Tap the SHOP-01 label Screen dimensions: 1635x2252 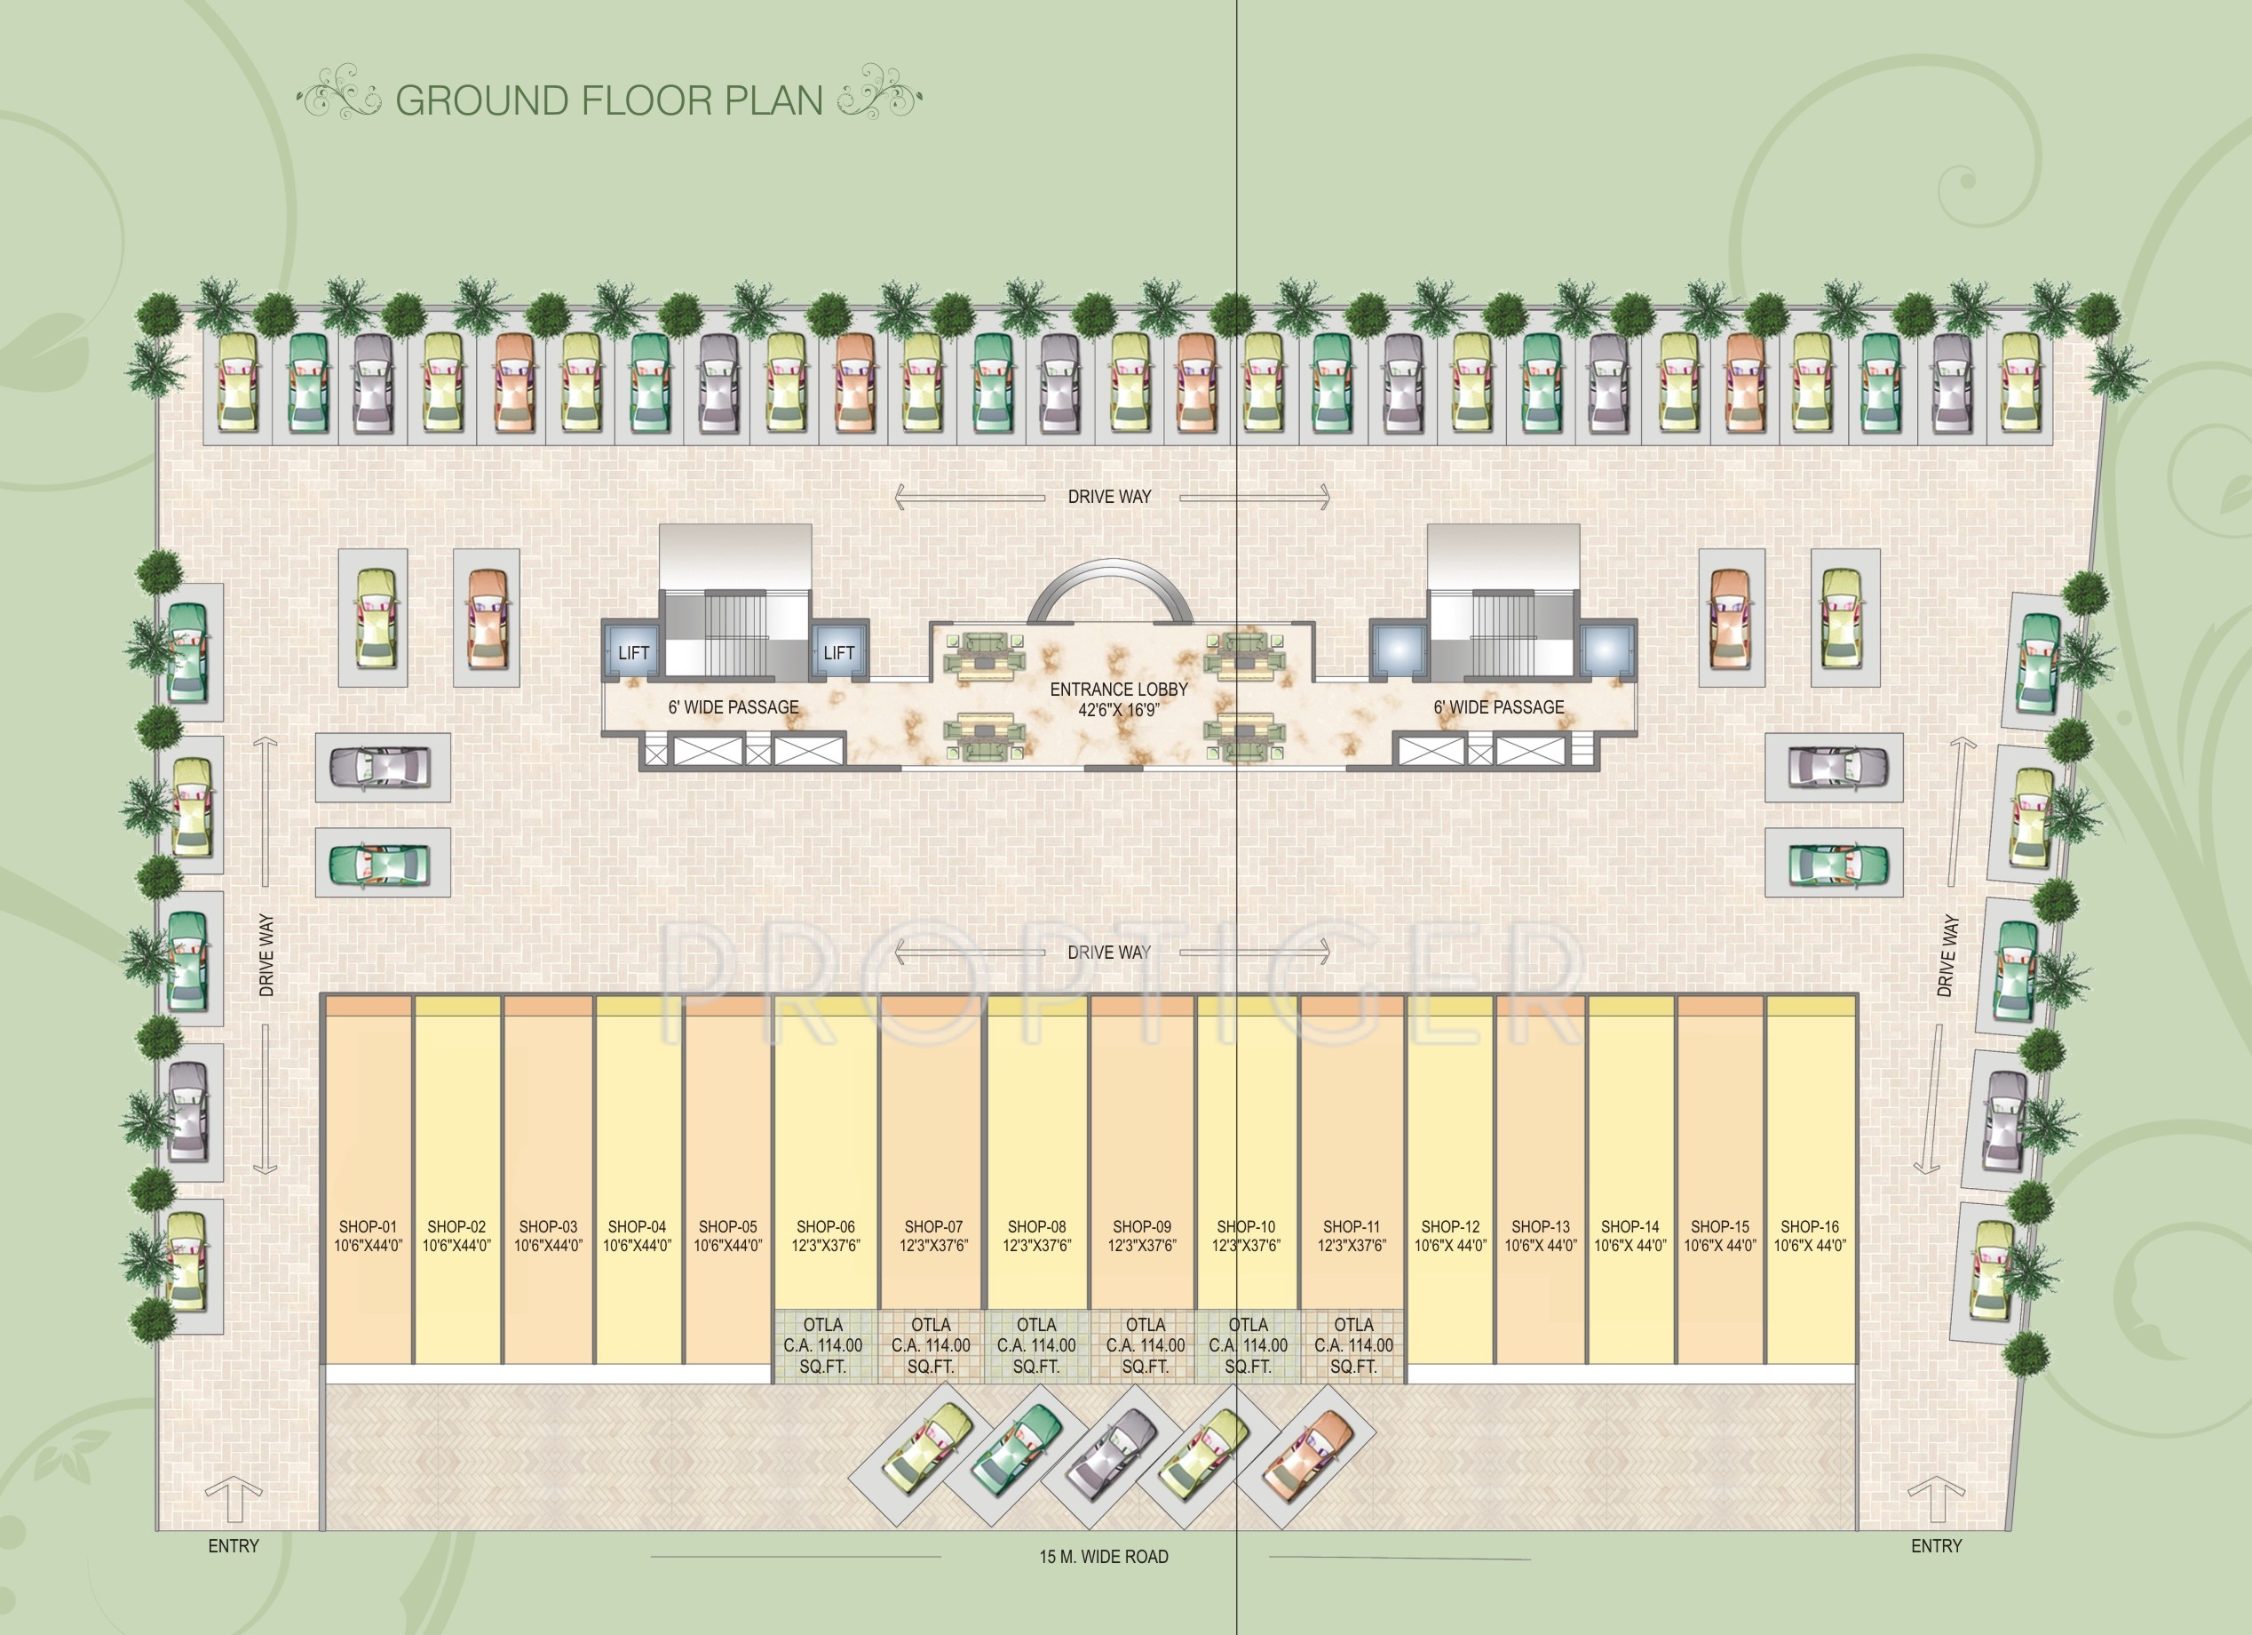(368, 1236)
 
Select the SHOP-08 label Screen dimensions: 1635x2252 (1036, 1236)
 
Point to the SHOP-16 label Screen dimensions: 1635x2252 (1809, 1236)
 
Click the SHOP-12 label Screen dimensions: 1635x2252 (1450, 1236)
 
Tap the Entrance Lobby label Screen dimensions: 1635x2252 (1118, 698)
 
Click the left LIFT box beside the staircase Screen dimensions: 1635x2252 (632, 652)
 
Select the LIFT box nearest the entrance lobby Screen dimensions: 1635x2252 (838, 652)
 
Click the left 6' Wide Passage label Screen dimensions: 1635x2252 (733, 707)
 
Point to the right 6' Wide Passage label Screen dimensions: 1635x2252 (1498, 707)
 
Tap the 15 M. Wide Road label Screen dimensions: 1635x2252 (1103, 1557)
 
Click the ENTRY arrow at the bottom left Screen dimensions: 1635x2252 (234, 1499)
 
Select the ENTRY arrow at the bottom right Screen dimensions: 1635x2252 (1935, 1499)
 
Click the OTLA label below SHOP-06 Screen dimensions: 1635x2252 (822, 1345)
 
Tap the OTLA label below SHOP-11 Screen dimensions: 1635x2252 (1353, 1345)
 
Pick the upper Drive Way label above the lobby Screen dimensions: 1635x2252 (1109, 497)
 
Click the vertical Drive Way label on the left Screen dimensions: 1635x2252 (266, 954)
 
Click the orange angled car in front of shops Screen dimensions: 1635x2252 (1309, 1456)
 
